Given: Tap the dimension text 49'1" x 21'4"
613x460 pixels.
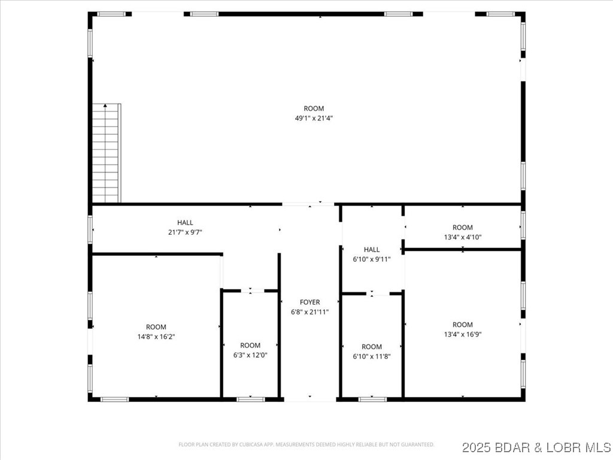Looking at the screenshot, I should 314,119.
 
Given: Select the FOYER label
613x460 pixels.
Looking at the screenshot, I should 310,302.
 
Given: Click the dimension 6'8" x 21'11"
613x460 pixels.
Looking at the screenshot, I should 310,312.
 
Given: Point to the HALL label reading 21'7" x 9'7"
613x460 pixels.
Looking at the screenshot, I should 185,232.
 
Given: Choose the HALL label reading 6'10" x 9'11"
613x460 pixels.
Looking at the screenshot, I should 372,259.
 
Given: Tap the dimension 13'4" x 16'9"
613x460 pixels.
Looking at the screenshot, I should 463,334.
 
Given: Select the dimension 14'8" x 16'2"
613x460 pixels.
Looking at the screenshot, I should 156,337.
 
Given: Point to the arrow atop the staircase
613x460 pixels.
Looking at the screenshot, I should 106,106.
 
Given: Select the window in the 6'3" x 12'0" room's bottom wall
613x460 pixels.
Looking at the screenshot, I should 250,399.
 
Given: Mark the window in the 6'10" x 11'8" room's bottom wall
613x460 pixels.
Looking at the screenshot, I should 372,399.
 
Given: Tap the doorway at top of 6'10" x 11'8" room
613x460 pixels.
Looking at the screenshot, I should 372,293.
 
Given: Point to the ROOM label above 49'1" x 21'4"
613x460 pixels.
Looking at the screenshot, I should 314,108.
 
